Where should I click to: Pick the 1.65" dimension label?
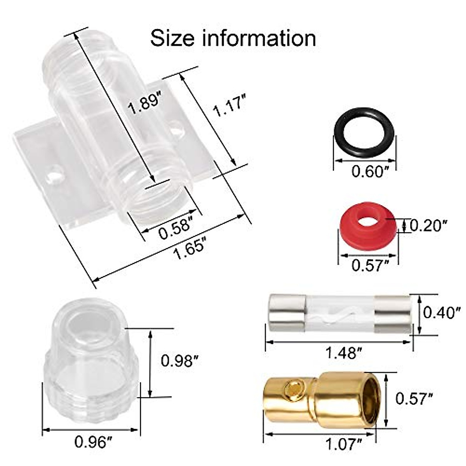[189, 250]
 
